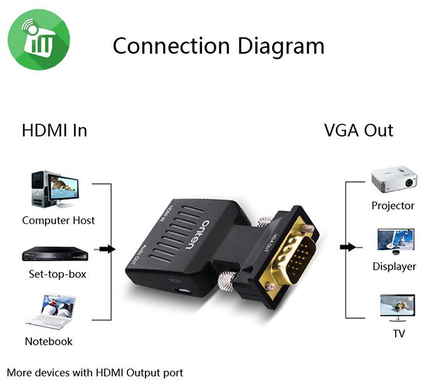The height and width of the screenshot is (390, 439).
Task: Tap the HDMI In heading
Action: (x=54, y=130)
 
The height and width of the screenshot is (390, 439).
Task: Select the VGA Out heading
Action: (x=358, y=130)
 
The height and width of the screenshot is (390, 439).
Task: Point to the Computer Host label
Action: (x=58, y=220)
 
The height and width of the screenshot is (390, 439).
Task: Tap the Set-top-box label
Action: (x=58, y=274)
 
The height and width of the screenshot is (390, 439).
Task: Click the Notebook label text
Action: (x=48, y=341)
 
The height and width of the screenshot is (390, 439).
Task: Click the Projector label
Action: (x=393, y=205)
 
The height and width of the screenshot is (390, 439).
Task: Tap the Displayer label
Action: (x=394, y=267)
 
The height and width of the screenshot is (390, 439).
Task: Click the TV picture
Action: (x=397, y=307)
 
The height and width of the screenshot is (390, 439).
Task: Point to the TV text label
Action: (x=399, y=334)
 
